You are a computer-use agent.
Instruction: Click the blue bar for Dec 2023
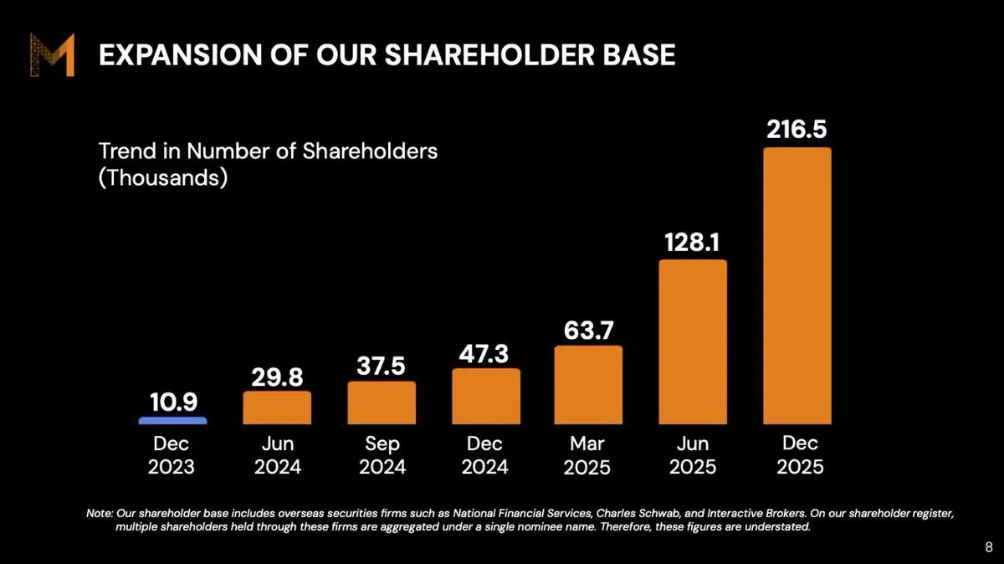point(172,420)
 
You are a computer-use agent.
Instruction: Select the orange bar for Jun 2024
point(277,408)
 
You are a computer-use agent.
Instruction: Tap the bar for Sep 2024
point(382,402)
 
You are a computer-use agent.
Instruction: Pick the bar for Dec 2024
point(486,396)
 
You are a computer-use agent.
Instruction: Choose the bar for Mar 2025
point(588,384)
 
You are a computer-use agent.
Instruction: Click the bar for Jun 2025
point(693,341)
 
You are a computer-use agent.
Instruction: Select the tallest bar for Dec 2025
point(797,285)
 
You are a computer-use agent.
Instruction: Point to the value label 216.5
point(797,131)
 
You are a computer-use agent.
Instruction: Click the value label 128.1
point(693,242)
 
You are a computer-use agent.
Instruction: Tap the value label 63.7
point(588,329)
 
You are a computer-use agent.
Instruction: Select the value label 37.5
point(382,366)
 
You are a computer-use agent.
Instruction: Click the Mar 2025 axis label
point(587,454)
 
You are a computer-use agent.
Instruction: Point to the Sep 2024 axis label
point(382,454)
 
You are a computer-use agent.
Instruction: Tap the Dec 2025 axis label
point(800,454)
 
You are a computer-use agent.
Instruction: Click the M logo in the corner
point(53,54)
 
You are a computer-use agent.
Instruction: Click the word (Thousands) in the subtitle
point(163,178)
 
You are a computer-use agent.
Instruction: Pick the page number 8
point(988,547)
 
